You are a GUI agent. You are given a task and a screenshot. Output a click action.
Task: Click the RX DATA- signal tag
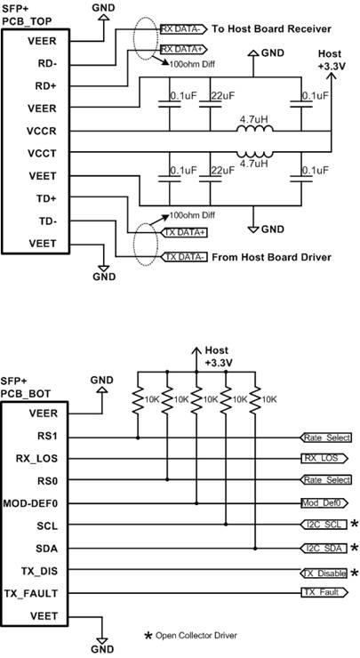coord(184,28)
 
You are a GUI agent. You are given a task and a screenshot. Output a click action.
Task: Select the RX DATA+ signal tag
coord(184,49)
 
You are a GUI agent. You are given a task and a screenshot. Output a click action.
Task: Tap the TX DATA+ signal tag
coord(184,233)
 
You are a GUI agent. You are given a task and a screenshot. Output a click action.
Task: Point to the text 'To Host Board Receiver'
coord(271,28)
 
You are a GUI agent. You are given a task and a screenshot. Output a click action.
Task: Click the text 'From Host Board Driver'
coord(271,257)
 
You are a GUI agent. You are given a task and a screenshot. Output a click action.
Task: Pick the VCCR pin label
coord(42,131)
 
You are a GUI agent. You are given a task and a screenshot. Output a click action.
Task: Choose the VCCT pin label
coord(42,153)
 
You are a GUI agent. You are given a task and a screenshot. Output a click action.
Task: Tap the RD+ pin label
coord(46,86)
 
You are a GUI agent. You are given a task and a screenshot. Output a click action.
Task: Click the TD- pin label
coord(47,221)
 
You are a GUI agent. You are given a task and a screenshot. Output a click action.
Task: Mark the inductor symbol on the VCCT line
coord(255,153)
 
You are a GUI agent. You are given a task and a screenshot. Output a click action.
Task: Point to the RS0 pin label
coord(47,480)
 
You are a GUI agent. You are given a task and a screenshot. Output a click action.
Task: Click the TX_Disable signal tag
coord(324,573)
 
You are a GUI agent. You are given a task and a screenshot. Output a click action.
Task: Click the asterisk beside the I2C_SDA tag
coord(355,547)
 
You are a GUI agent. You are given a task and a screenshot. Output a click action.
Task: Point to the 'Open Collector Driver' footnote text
coord(196,636)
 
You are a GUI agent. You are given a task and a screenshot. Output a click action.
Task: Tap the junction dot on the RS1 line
coord(138,437)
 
